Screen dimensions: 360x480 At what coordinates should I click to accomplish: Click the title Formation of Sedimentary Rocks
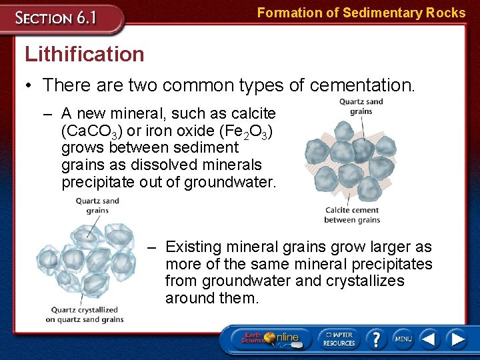pos(361,13)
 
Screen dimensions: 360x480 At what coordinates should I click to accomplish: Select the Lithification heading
pos(84,54)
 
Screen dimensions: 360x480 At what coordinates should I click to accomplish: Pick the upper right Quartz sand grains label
pos(361,107)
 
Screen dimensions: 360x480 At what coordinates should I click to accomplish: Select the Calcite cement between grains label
pos(352,215)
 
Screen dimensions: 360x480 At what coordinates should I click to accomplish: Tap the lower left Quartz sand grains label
pos(97,205)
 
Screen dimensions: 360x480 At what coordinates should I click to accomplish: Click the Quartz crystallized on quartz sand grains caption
pos(84,315)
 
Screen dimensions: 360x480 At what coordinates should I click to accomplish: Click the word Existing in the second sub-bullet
pos(197,247)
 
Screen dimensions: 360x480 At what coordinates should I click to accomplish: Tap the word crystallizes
pos(365,281)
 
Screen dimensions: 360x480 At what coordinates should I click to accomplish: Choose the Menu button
pos(403,339)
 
